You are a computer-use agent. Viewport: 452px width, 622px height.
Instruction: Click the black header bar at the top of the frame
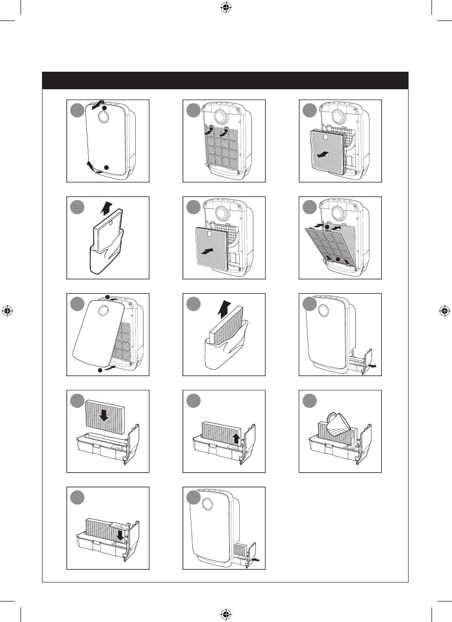pyautogui.click(x=225, y=80)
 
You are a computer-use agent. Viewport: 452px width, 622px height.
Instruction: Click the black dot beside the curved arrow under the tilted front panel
pyautogui.click(x=101, y=371)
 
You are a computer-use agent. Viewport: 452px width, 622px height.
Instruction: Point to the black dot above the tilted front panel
pyautogui.click(x=107, y=297)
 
